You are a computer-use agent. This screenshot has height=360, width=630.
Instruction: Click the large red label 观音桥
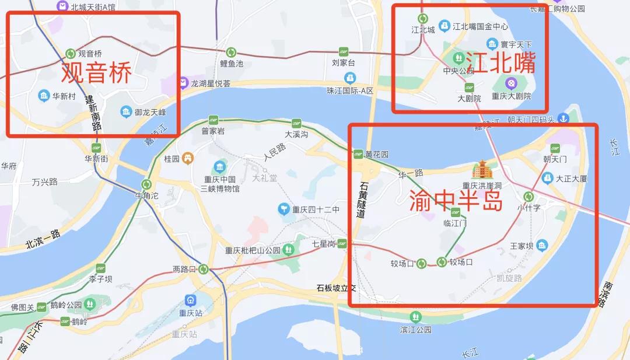click(x=96, y=73)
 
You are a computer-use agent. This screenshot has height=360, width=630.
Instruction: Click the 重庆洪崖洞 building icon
click(x=482, y=170)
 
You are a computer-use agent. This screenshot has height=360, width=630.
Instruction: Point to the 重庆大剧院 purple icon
click(x=511, y=83)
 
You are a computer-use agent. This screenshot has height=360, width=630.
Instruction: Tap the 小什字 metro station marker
click(x=528, y=197)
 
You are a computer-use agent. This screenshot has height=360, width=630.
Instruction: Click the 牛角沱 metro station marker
click(x=146, y=184)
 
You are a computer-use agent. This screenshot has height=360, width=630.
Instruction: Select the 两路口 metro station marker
click(x=203, y=269)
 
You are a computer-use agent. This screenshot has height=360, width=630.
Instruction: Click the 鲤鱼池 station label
click(x=232, y=64)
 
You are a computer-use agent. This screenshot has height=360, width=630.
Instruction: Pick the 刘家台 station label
click(x=343, y=63)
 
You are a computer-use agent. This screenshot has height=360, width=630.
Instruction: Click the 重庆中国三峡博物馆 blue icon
click(x=220, y=166)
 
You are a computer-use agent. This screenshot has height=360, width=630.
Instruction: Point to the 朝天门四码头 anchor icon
click(x=563, y=119)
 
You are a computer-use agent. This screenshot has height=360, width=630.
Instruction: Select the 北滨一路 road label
click(x=43, y=239)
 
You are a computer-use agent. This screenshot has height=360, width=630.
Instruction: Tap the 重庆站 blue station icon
click(x=190, y=300)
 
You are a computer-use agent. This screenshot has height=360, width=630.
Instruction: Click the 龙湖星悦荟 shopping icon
click(x=184, y=83)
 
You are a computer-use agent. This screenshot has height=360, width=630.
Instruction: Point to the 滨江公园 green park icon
click(x=415, y=317)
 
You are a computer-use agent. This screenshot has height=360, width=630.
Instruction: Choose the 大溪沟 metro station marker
click(x=296, y=123)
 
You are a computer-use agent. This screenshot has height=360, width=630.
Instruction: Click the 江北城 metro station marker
click(x=423, y=19)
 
